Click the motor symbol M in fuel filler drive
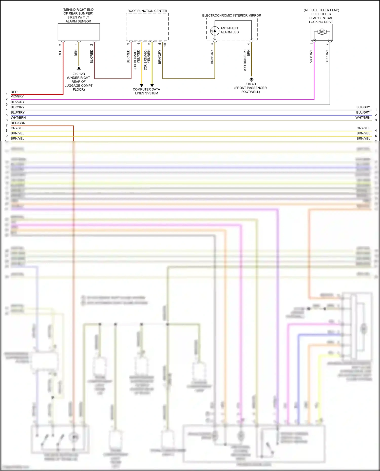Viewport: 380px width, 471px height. (322, 32)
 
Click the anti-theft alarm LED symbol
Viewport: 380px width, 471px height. (215, 31)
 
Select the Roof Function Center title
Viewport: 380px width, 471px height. (147, 11)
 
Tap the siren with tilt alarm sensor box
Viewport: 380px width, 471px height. (79, 32)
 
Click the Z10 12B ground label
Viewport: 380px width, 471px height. (79, 74)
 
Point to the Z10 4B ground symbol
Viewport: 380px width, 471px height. (251, 79)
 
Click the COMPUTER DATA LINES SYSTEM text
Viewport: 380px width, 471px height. (146, 91)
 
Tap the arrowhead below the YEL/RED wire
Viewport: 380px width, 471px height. (142, 86)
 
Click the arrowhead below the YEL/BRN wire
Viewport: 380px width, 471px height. (152, 86)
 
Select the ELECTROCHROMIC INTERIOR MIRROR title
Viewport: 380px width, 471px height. (232, 15)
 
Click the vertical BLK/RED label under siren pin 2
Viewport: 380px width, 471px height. (92, 56)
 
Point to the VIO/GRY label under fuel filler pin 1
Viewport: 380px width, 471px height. (311, 56)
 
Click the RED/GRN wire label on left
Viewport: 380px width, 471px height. (18, 123)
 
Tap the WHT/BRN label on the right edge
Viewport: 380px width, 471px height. (363, 118)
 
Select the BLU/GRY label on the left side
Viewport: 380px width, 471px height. (18, 112)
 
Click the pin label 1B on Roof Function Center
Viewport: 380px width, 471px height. (165, 44)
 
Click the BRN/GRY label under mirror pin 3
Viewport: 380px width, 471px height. (212, 57)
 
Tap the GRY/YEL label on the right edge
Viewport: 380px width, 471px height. (363, 128)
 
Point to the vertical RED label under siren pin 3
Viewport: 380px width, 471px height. (60, 53)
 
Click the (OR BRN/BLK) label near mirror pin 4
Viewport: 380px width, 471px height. (245, 60)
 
